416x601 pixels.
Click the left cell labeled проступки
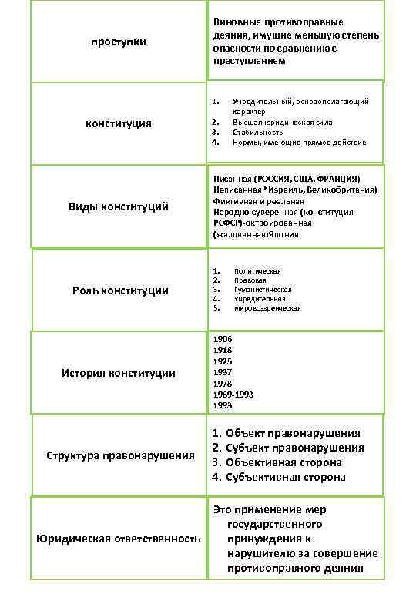[118, 42]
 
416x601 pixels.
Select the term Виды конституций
[118, 207]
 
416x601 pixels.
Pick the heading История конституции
[118, 373]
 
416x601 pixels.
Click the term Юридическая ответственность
[118, 538]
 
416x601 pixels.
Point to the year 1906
[222, 339]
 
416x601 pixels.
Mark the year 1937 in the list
[222, 372]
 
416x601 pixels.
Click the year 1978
[222, 383]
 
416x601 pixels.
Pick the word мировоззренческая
[267, 308]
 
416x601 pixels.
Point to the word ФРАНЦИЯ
[335, 178]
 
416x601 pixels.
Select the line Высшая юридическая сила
[283, 122]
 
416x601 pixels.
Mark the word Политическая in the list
[257, 270]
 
